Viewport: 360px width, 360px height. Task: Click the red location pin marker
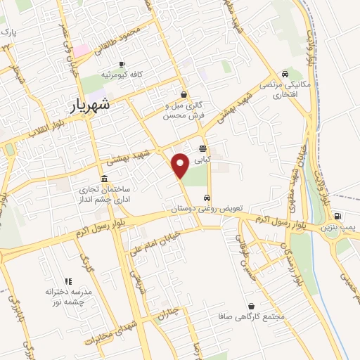point(180,165)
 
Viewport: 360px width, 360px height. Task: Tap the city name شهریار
point(101,106)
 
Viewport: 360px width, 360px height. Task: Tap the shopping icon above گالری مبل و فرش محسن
point(184,95)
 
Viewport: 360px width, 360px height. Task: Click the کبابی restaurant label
point(202,160)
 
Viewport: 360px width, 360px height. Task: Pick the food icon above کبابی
point(202,148)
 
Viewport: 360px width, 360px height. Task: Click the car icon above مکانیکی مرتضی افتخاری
point(285,75)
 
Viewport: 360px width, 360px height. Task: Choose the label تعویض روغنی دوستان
point(205,210)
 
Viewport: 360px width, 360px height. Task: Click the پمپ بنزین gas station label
point(341,229)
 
